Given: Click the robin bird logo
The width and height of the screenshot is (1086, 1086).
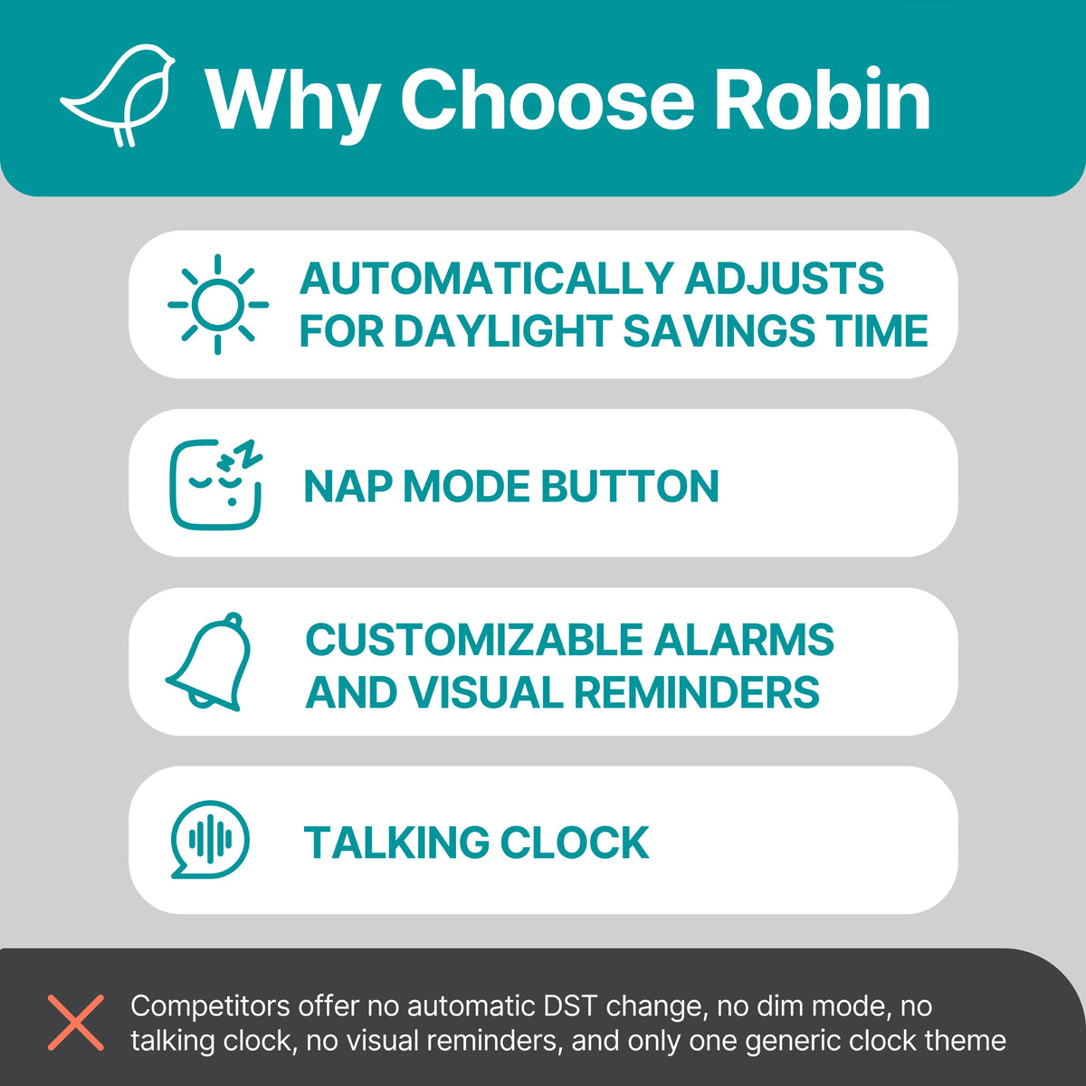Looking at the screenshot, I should [118, 95].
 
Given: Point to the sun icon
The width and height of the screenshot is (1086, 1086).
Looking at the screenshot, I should [218, 304].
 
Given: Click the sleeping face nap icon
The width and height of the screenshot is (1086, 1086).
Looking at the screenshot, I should [217, 484].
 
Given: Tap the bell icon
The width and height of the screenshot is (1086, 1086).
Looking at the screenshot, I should [210, 662].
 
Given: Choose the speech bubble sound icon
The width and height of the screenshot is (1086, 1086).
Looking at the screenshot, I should [210, 840].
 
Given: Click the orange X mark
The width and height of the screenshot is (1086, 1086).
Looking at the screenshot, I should [76, 1022].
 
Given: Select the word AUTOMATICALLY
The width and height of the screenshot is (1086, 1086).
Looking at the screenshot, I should [486, 279].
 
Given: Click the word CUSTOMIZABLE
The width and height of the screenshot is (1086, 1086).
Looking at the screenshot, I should [472, 640].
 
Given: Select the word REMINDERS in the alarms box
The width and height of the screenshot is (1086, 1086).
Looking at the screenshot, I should [697, 693].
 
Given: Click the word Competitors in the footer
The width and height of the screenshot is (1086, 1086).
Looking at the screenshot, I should [211, 1005].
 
